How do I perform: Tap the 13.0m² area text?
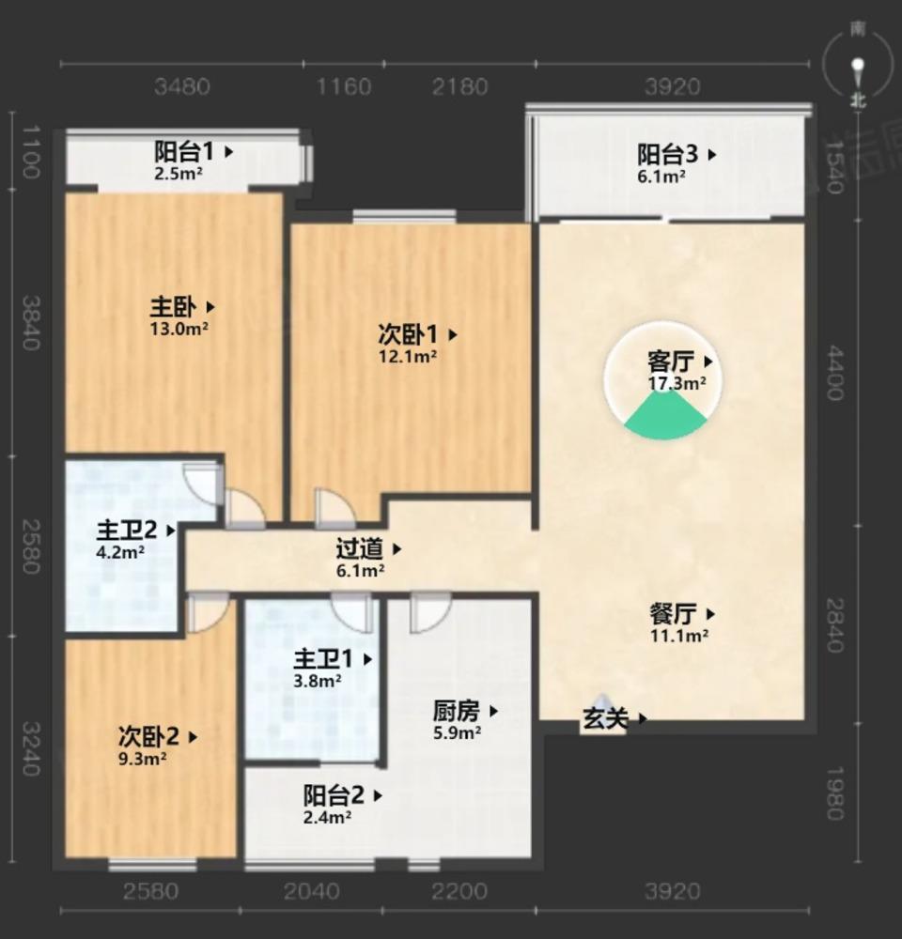tap(179, 329)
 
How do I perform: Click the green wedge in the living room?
tap(666, 417)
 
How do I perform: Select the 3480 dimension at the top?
tap(182, 87)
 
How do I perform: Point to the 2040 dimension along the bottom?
tap(312, 890)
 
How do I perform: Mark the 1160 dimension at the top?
tap(344, 87)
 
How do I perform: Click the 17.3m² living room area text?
tap(676, 383)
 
